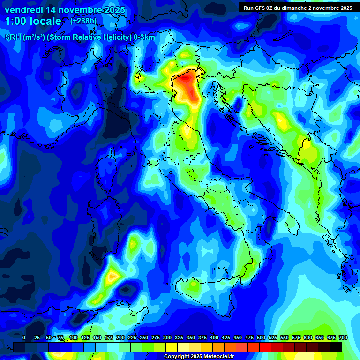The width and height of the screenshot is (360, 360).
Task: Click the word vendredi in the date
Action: pyautogui.click(x=23, y=9)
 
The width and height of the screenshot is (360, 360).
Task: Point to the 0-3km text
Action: pyautogui.click(x=144, y=37)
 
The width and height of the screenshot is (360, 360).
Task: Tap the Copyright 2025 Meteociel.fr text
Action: pyautogui.click(x=199, y=357)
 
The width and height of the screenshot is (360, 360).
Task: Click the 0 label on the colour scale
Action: pyautogui.click(x=24, y=337)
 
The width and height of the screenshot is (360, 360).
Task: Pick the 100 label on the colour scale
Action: pyautogui.click(x=73, y=337)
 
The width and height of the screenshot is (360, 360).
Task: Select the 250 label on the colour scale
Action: pyautogui.click(x=143, y=337)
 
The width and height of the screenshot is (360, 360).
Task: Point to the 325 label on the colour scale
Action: pyautogui.click(x=179, y=337)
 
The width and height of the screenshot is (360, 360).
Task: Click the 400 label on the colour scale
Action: pyautogui.click(x=214, y=337)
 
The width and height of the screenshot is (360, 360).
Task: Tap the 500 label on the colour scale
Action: pyautogui.click(x=261, y=337)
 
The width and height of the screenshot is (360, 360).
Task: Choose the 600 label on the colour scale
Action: pyautogui.click(x=308, y=337)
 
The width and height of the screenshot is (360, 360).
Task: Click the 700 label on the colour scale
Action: pyautogui.click(x=343, y=337)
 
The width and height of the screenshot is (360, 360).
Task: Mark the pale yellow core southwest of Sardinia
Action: pyautogui.click(x=112, y=277)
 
